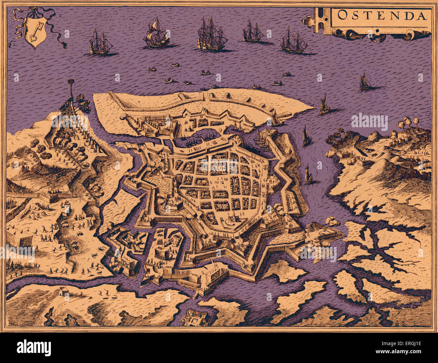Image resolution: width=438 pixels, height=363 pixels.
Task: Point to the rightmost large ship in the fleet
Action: (293, 41)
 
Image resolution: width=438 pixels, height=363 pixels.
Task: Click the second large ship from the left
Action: (156, 34)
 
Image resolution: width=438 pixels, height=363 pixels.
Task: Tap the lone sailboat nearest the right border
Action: (365, 82)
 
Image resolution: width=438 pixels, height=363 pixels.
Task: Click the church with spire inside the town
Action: (231, 218)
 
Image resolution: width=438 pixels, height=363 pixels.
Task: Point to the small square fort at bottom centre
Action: (194, 317)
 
